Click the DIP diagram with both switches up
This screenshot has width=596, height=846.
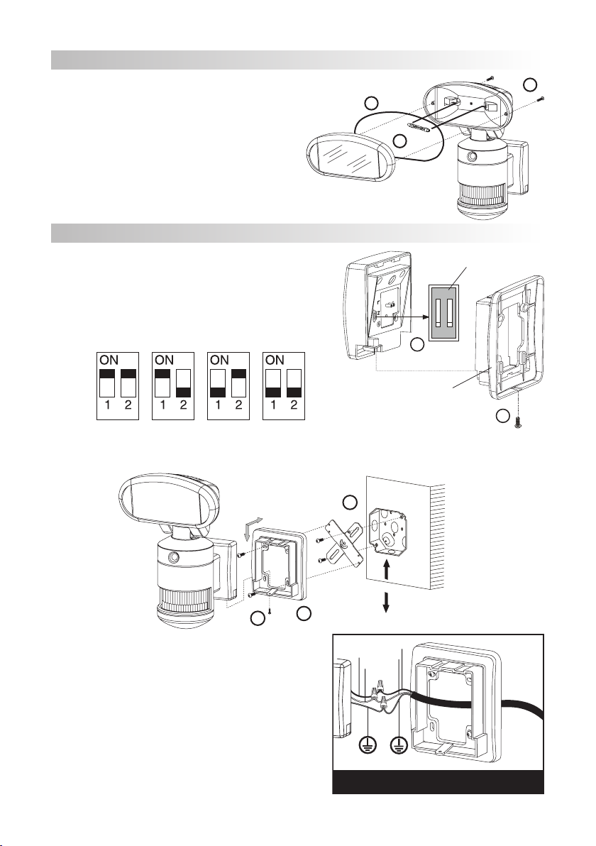point(118,386)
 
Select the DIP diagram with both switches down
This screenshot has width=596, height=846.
point(284,386)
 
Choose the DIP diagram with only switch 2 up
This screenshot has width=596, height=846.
point(228,386)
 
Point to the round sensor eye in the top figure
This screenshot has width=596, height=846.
point(473,158)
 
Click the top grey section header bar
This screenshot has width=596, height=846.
point(296,60)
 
